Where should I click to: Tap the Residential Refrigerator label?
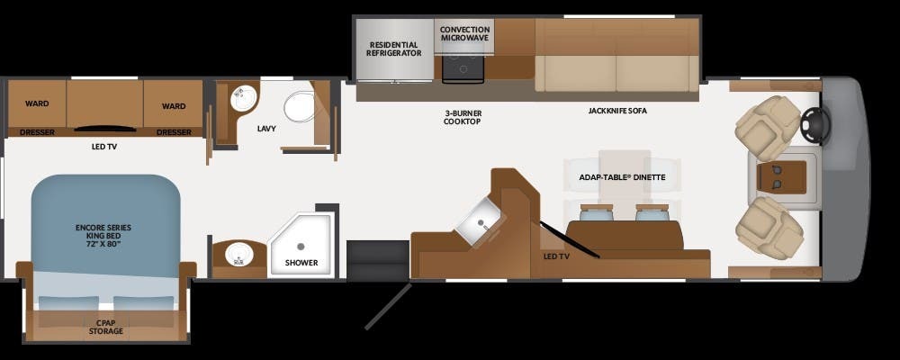[x=394, y=49]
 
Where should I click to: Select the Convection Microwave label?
[x=465, y=34]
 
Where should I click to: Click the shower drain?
[x=301, y=247]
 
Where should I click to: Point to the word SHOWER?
[x=301, y=263]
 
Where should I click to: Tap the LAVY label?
[x=266, y=129]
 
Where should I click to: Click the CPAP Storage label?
[x=105, y=328]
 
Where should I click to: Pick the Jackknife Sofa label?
[x=617, y=111]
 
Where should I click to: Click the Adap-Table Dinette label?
[x=622, y=177]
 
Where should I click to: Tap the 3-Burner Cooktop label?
[x=462, y=118]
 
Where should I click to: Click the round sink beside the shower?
[x=236, y=255]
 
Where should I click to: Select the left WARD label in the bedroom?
[x=37, y=103]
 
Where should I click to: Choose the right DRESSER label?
[x=174, y=132]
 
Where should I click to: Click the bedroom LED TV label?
[x=104, y=147]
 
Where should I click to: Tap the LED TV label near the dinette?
[x=556, y=256]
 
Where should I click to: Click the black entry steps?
[x=378, y=260]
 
